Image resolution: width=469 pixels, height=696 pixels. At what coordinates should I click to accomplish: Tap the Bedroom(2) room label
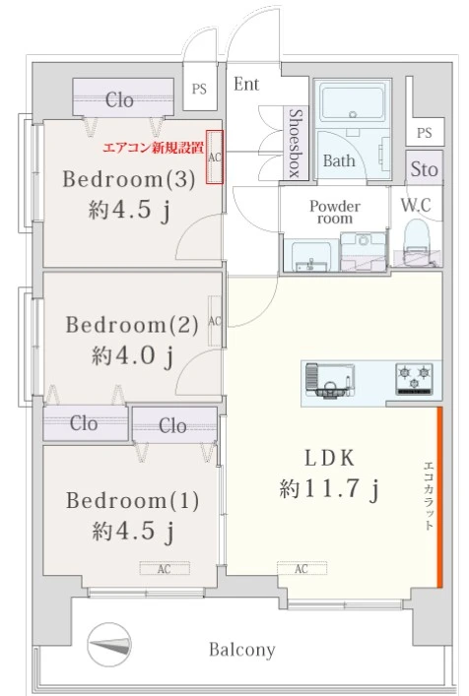(132, 324)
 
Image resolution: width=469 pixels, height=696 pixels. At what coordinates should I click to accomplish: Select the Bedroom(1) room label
(132, 500)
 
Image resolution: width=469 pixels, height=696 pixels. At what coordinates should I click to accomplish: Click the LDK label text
(328, 457)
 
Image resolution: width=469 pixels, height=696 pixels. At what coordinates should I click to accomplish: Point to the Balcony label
(241, 650)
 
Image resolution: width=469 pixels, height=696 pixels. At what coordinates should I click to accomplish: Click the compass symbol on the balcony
(108, 648)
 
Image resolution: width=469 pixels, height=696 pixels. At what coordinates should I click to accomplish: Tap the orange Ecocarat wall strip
(439, 495)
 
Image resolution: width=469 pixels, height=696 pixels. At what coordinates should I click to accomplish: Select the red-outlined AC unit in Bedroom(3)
(215, 156)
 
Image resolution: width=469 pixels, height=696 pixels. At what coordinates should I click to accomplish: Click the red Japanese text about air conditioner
(154, 149)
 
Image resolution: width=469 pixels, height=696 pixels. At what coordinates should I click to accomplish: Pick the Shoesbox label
(294, 144)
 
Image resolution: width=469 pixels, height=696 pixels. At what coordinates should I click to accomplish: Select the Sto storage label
(424, 169)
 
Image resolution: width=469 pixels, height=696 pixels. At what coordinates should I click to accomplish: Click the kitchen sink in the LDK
(325, 378)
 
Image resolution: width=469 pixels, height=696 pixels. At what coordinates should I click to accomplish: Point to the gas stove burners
(415, 376)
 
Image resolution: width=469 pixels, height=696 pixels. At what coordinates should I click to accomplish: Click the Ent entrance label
(246, 85)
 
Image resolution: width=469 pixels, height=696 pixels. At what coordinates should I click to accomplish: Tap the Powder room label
(335, 212)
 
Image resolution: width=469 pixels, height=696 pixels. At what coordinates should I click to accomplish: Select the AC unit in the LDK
(301, 568)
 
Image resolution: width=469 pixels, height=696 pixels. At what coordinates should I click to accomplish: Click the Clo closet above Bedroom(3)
(119, 99)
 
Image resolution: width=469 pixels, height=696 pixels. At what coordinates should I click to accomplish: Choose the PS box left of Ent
(199, 89)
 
